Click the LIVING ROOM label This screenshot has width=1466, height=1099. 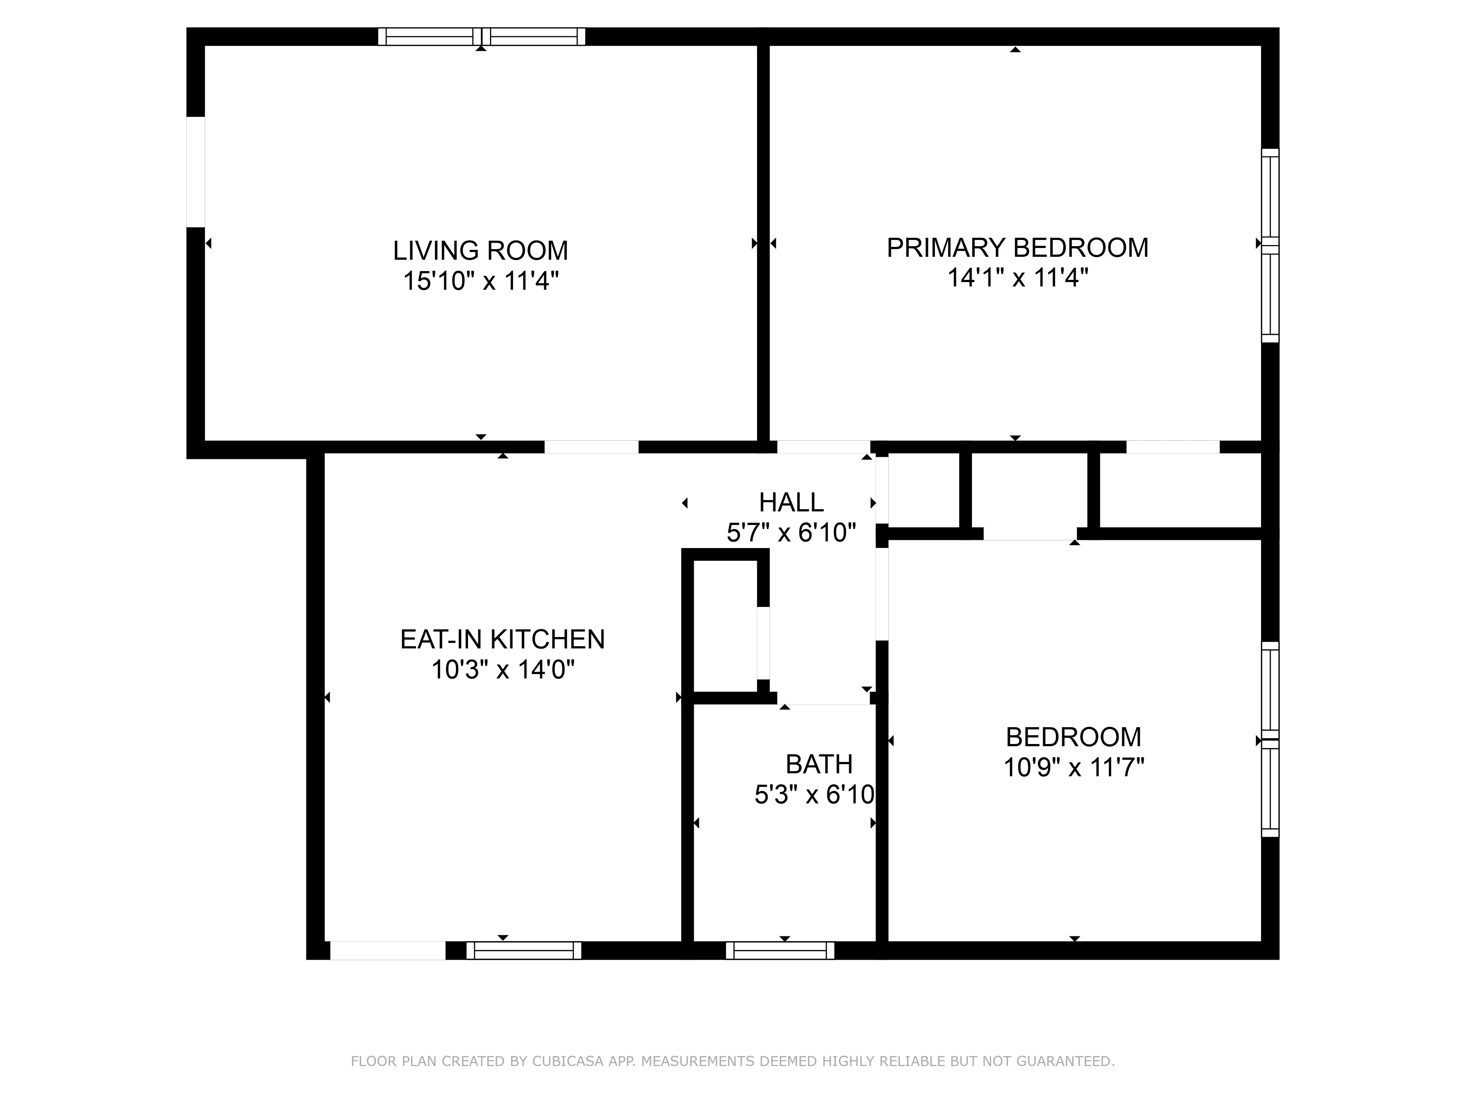point(480,251)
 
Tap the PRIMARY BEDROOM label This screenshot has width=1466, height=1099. point(1017,248)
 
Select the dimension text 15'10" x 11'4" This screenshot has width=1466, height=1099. point(480,281)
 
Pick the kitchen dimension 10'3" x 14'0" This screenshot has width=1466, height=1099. point(502,670)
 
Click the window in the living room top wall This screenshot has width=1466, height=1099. point(482,36)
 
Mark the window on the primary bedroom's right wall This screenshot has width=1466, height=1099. point(1269,246)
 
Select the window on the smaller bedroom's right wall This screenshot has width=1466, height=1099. point(1269,739)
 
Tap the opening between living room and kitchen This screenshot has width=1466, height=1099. point(591,447)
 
